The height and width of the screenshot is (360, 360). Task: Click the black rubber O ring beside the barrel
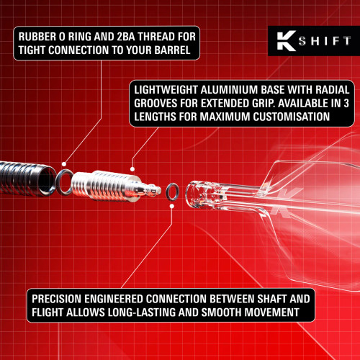point(63,183)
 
